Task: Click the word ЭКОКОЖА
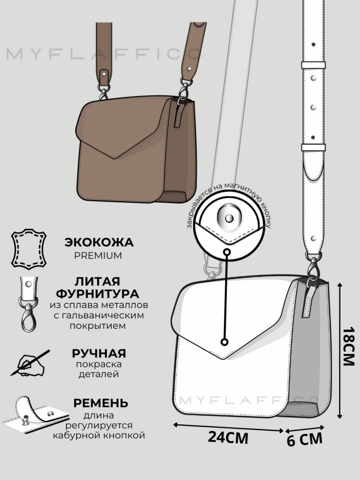pyautogui.click(x=99, y=242)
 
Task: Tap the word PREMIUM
pyautogui.click(x=98, y=256)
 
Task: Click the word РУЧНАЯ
pyautogui.click(x=99, y=353)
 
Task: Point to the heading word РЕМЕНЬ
pyautogui.click(x=100, y=402)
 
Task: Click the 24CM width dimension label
pyautogui.click(x=228, y=438)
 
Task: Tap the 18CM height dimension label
pyautogui.click(x=349, y=347)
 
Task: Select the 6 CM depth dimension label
pyautogui.click(x=304, y=440)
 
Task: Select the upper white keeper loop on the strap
pyautogui.click(x=313, y=65)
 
